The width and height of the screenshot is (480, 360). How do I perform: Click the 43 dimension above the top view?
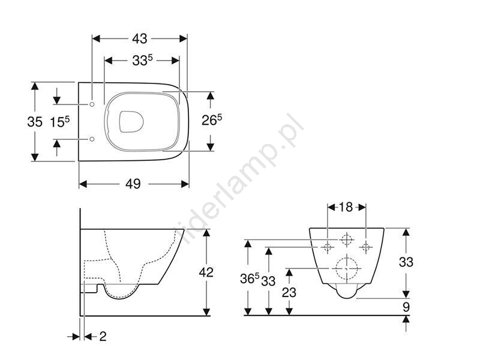pyautogui.click(x=140, y=38)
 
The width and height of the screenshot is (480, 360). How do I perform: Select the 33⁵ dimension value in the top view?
pyautogui.click(x=142, y=60)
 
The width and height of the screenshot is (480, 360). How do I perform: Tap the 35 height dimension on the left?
pyautogui.click(x=35, y=122)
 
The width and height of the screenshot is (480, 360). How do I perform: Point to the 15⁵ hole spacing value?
pyautogui.click(x=60, y=122)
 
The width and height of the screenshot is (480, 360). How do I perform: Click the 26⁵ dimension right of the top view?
pyautogui.click(x=212, y=120)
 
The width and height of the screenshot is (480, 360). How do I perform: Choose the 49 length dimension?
pyautogui.click(x=133, y=184)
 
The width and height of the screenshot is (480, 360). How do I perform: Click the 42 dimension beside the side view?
pyautogui.click(x=206, y=272)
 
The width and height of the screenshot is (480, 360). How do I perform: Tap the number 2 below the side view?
pyautogui.click(x=103, y=337)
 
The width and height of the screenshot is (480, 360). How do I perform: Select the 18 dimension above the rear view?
pyautogui.click(x=346, y=207)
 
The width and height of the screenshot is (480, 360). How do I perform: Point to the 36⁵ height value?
pyautogui.click(x=250, y=278)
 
